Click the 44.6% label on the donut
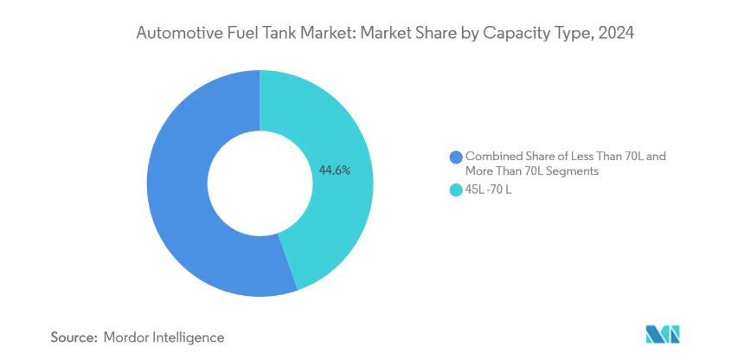point(335,170)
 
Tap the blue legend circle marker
point(456,157)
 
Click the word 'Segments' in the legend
point(576,171)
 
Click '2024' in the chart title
point(617,35)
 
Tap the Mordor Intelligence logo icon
point(664,335)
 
